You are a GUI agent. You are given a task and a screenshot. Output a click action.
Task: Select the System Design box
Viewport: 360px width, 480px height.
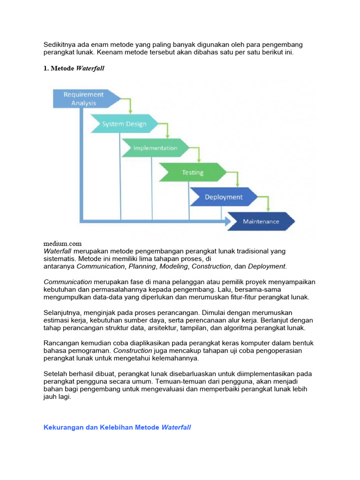(124, 124)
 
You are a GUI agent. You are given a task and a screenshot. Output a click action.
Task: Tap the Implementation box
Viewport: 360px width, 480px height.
(155, 148)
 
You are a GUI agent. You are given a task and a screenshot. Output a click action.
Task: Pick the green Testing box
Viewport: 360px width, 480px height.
(193, 172)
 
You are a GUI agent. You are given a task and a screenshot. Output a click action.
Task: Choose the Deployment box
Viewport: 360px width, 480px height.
(224, 197)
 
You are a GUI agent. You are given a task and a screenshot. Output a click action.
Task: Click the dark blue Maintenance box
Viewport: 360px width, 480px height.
(261, 221)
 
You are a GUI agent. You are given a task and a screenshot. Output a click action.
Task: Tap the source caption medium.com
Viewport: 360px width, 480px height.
(62, 243)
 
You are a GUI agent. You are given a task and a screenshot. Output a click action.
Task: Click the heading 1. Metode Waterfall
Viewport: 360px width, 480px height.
(74, 68)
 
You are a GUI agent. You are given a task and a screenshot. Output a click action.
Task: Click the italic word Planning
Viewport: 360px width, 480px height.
(142, 266)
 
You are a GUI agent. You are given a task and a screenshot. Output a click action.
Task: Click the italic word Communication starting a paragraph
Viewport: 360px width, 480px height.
(67, 282)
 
